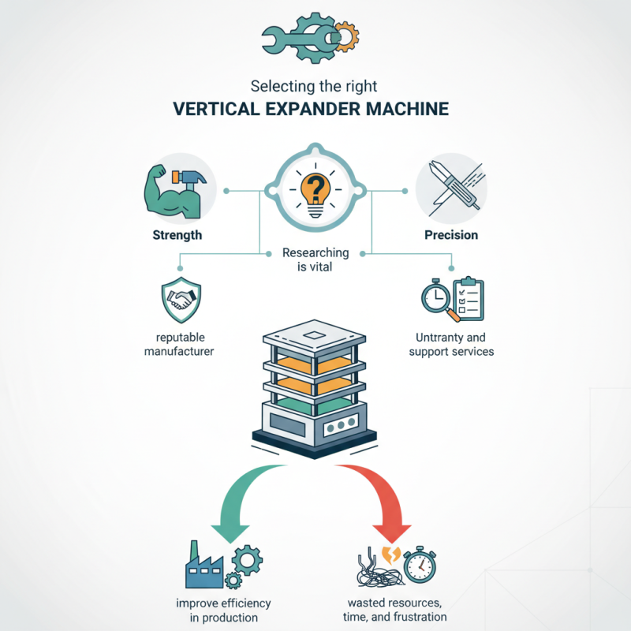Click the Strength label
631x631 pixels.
coord(178,235)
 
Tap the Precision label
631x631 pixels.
coord(450,235)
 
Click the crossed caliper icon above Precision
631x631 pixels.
coord(451,190)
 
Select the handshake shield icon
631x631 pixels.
coord(181,299)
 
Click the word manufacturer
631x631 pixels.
coord(178,351)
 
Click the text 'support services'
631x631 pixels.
coord(451,351)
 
